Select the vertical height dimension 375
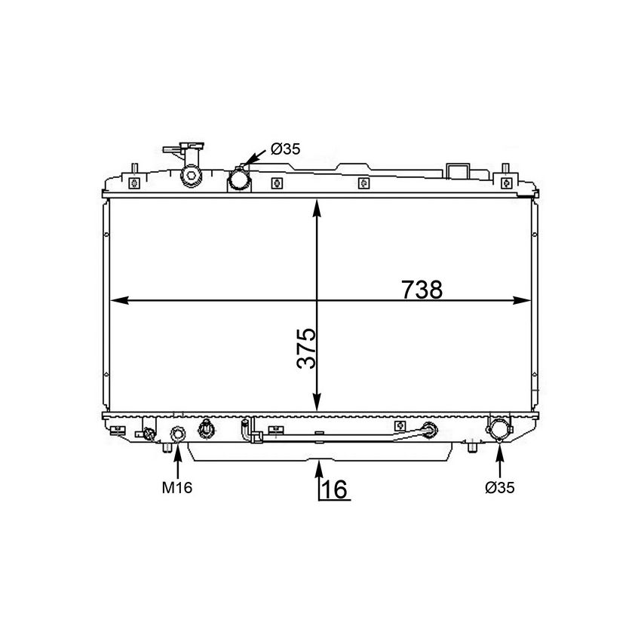point(305,348)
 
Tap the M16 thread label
point(177,488)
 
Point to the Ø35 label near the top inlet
point(285,149)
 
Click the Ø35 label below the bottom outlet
point(500,488)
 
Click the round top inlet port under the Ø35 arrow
point(241,179)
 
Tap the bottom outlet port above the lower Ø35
point(499,430)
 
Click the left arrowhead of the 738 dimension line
point(118,300)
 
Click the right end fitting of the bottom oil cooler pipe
point(430,431)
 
